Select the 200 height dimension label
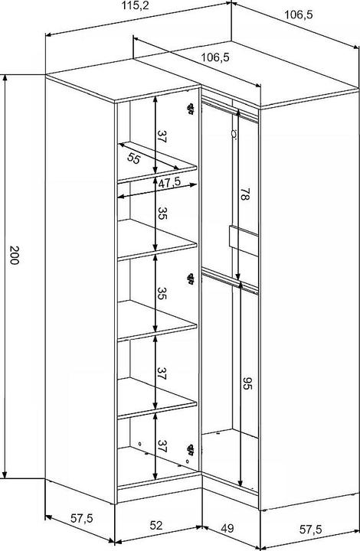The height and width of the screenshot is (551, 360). tap(14, 255)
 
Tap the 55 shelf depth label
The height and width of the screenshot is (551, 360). tap(133, 159)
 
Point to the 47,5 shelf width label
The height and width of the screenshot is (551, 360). tap(169, 182)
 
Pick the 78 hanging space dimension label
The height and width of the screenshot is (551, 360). tap(245, 194)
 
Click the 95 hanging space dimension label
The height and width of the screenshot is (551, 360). tap(247, 383)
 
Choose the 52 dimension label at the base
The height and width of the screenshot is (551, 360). tap(156, 525)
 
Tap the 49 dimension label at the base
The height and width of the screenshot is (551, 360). tap(227, 528)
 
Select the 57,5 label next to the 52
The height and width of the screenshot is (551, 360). tap(82, 518)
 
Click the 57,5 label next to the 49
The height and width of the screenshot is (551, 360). tap(310, 530)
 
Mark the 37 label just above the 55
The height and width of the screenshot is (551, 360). tap(162, 136)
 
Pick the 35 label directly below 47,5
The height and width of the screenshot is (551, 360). tap(162, 214)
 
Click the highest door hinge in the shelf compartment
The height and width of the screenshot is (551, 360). tap(191, 108)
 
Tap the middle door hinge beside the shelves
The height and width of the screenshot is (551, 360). tap(191, 279)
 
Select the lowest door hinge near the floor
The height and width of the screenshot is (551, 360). tap(191, 449)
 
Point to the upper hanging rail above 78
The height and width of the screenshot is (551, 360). tap(230, 111)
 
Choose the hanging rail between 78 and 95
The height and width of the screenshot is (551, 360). tap(230, 281)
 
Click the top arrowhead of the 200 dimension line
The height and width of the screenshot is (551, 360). tap(5, 78)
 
